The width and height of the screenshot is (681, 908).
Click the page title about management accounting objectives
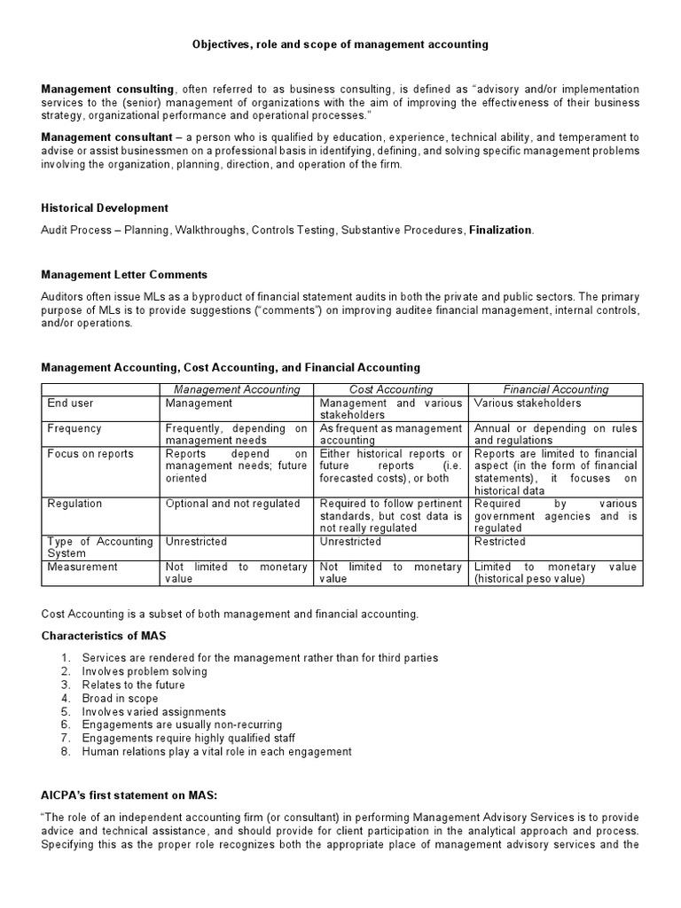click(340, 43)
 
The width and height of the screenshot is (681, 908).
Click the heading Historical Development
click(105, 207)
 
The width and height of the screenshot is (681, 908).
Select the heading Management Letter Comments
click(124, 275)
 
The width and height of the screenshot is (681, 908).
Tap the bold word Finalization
click(501, 231)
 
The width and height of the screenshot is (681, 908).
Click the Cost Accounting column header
click(391, 389)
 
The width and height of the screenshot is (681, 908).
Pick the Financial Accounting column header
click(556, 389)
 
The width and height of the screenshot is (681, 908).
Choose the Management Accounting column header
click(237, 389)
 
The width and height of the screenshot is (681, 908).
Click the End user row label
click(70, 403)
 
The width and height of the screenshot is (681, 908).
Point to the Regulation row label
click(74, 504)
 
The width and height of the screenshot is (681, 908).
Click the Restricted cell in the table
click(500, 542)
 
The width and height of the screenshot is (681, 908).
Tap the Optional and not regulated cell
click(233, 504)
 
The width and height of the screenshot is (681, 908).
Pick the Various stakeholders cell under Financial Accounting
click(528, 403)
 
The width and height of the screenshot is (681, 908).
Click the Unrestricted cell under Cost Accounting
click(350, 542)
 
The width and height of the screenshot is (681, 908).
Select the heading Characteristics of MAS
click(104, 636)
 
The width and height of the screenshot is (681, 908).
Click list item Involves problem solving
click(145, 671)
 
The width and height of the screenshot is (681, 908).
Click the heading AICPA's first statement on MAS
click(129, 795)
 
